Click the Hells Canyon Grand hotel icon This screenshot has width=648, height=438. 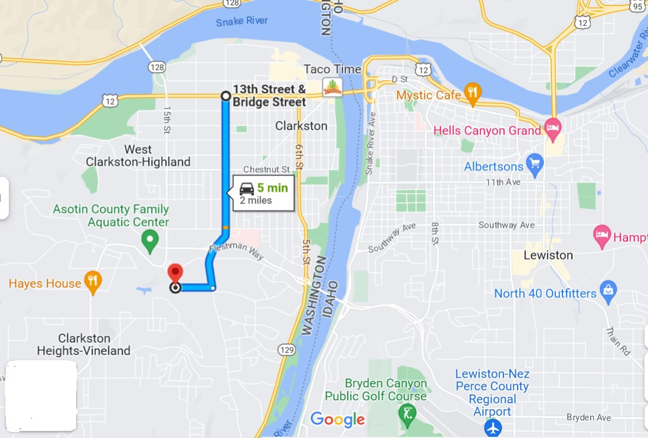coord(552,127)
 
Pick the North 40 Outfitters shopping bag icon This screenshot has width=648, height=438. coord(608,291)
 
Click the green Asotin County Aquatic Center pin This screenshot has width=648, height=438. coord(150,240)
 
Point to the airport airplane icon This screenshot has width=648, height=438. coord(492,427)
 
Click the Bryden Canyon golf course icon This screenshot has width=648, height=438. coord(406,416)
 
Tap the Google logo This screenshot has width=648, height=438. coord(337,420)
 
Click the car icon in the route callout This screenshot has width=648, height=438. coord(247,189)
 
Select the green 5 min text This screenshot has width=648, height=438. coord(272,189)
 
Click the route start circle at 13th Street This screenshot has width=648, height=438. coord(225,95)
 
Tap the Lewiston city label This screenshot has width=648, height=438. coord(548,255)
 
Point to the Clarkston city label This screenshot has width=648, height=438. coord(301,126)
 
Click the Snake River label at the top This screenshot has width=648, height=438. coord(242,21)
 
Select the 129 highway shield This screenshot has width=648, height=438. coord(287,350)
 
